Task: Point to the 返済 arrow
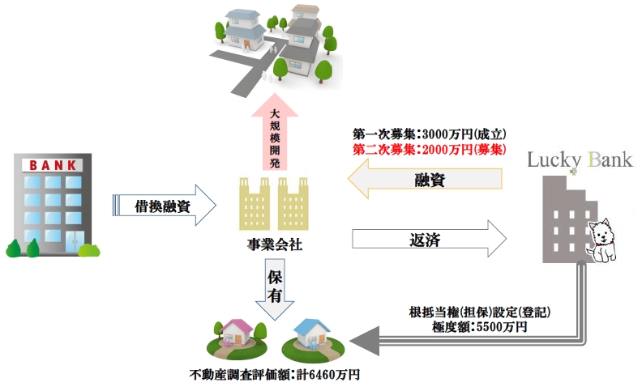point(430,240)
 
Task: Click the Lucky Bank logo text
point(579,159)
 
